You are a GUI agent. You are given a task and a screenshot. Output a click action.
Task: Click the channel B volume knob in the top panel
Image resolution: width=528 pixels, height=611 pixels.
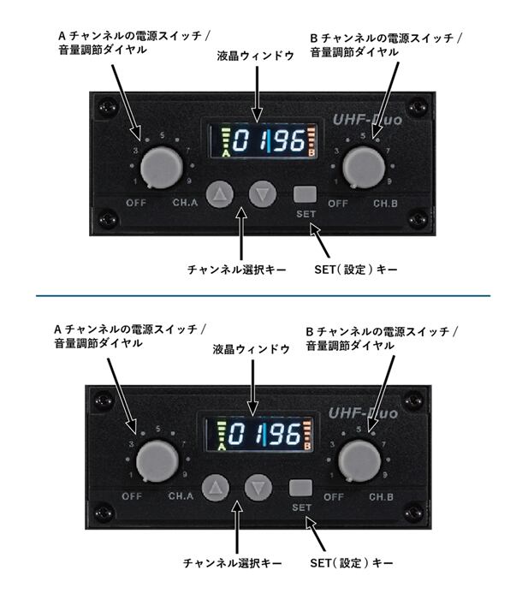pyautogui.click(x=365, y=166)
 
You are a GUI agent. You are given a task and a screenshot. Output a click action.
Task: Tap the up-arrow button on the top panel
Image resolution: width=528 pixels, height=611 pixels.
pyautogui.click(x=221, y=193)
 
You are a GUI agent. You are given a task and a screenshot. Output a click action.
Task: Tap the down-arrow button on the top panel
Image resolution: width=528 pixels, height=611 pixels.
pyautogui.click(x=264, y=193)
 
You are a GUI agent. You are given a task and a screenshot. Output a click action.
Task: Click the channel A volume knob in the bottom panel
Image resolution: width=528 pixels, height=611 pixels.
pyautogui.click(x=153, y=461)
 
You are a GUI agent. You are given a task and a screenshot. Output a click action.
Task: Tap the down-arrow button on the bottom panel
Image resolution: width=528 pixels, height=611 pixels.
pyautogui.click(x=258, y=489)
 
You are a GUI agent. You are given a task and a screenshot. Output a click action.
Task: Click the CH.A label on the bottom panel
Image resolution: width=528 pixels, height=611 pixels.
pyautogui.click(x=181, y=496)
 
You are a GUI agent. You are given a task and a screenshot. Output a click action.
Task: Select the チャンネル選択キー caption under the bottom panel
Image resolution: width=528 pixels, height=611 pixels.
pyautogui.click(x=233, y=563)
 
